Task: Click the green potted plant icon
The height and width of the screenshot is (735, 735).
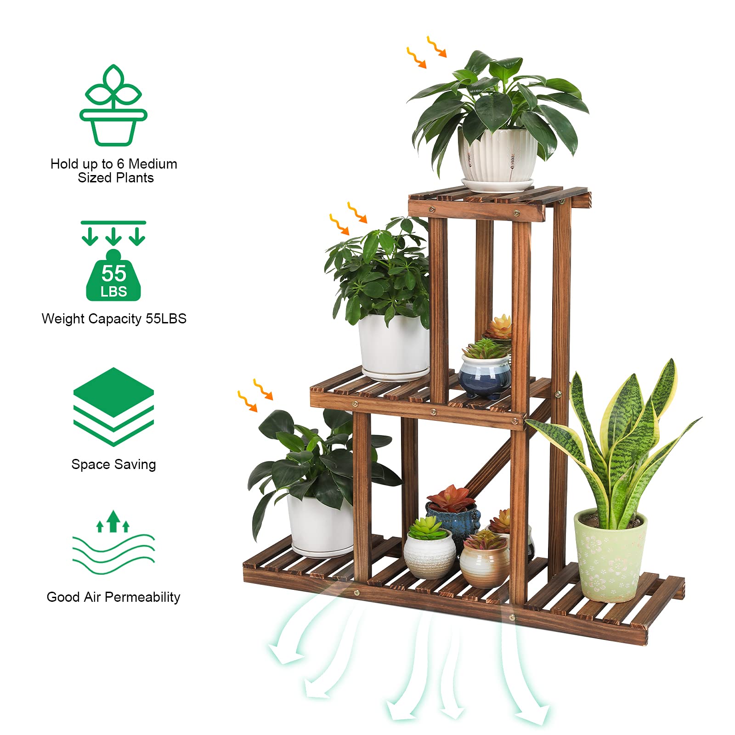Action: point(113,105)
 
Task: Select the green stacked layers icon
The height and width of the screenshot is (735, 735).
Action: point(113,407)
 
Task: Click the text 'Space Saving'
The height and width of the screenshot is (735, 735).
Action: point(113,464)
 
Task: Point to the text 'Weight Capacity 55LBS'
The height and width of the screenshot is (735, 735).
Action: point(114,319)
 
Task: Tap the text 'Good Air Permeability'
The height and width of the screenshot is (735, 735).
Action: point(113,597)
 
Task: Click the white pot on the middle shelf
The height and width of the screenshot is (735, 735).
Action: point(394,347)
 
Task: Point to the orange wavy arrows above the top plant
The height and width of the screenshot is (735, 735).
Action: point(426,52)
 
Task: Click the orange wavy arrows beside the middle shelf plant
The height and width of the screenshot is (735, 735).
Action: point(348,218)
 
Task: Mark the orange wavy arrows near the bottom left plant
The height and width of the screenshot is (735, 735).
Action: point(255,395)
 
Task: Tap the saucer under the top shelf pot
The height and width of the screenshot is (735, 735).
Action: point(498,185)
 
